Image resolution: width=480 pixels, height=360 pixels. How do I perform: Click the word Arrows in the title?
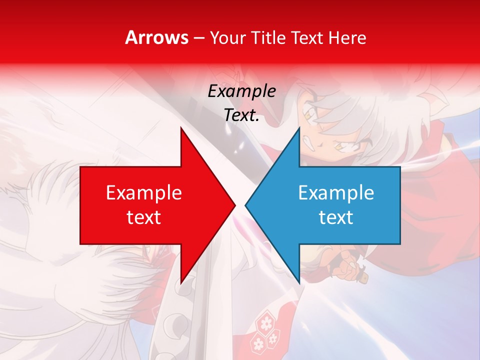point(157,37)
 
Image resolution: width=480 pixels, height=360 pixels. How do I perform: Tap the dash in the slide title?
point(199,38)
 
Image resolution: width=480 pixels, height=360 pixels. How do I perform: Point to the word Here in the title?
point(347,38)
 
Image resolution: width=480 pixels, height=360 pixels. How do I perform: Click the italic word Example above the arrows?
point(241,91)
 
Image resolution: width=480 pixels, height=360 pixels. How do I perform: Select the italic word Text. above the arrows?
point(241,115)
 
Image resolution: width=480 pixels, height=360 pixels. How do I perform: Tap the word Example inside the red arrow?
point(144,193)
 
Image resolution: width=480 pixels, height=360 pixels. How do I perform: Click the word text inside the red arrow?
point(144,217)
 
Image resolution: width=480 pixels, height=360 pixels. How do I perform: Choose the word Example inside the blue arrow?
point(336,193)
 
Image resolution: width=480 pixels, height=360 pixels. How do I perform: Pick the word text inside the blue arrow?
point(336,217)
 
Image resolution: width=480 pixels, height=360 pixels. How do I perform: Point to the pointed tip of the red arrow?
point(234,205)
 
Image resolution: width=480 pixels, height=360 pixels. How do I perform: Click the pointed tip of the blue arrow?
point(245,205)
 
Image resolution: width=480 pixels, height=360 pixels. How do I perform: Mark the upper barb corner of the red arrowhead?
point(181,128)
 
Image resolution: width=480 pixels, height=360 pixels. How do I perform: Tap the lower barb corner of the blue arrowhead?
point(299,283)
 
